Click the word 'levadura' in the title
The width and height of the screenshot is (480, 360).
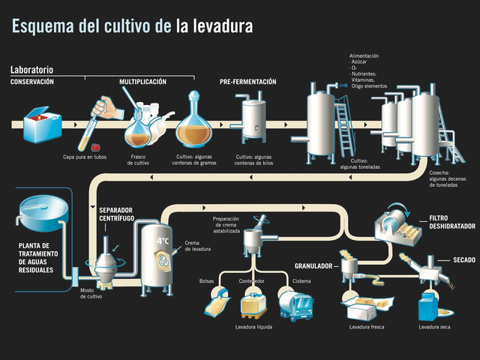(x=221, y=26)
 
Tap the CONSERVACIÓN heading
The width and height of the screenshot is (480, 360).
(x=31, y=81)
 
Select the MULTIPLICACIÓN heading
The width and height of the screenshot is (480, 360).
(x=142, y=81)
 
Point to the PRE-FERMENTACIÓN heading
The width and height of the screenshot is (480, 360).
(x=248, y=81)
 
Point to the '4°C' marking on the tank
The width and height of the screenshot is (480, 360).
(x=163, y=241)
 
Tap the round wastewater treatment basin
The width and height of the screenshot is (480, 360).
(x=42, y=212)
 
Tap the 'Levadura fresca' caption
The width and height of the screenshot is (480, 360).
(x=367, y=328)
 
